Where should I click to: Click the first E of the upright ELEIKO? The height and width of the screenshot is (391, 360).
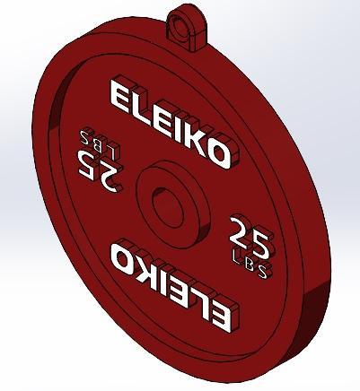tap(120, 97)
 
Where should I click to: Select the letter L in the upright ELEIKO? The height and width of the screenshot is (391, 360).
tap(139, 109)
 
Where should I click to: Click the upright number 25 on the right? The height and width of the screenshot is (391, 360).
tap(249, 235)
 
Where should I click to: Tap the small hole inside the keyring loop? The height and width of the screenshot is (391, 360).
tap(188, 21)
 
